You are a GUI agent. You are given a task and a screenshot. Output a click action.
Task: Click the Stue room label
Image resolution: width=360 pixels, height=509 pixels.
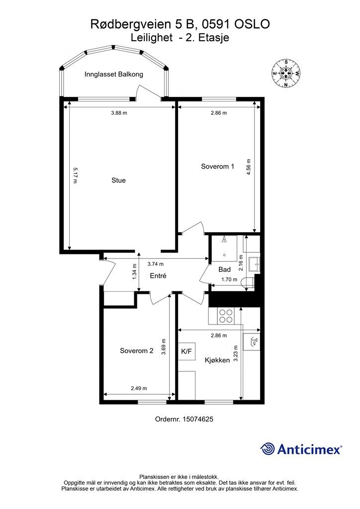coord(118,180)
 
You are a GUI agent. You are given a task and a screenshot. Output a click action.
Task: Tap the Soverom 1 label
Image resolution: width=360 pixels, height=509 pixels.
coord(217,167)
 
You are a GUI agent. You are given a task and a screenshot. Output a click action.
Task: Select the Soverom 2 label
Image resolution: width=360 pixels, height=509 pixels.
coord(136,350)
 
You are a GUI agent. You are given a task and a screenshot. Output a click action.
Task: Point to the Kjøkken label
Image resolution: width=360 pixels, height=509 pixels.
coord(217,360)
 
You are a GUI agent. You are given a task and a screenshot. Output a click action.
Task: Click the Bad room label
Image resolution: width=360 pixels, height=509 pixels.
coord(225,269)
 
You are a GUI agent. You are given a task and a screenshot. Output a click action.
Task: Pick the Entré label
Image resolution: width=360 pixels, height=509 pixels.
coord(158,276)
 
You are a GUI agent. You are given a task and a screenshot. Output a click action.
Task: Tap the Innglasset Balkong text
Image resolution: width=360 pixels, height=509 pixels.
coord(113,75)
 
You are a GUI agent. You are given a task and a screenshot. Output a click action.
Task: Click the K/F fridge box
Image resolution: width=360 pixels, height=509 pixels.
coord(186,351)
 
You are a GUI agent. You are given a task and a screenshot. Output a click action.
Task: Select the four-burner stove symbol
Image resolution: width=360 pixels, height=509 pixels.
coord(226,316)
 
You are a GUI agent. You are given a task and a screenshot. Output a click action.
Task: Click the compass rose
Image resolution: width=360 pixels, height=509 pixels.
coord(286,73)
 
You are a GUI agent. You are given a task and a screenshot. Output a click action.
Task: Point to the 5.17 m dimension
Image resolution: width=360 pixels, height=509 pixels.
coord(75,175)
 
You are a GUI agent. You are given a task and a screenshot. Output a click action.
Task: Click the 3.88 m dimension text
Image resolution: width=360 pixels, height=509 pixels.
coord(119,113)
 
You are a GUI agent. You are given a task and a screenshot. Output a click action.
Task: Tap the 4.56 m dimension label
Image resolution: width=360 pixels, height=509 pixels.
coord(249,167)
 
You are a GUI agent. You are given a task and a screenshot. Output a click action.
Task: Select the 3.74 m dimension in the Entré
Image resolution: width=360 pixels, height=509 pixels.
coord(156,264)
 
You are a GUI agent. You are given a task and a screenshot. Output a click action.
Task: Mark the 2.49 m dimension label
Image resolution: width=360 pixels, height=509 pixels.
coord(139,388)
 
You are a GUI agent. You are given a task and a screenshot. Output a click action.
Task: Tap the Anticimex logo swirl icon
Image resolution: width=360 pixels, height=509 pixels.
coord(268,449)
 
